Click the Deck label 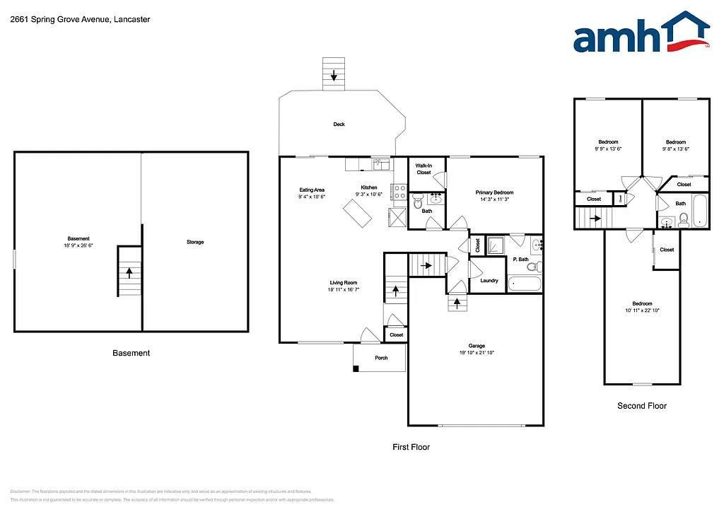[339, 124]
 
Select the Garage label [477, 346]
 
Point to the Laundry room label [489, 281]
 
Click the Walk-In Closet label [424, 169]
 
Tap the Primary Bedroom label [494, 192]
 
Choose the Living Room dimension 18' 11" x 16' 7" [344, 289]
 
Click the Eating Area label [312, 190]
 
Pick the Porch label [381, 358]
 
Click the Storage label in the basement [195, 242]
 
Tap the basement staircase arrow [129, 270]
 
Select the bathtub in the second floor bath [700, 211]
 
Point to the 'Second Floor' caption [642, 406]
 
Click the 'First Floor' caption [411, 447]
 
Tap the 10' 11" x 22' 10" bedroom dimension [643, 310]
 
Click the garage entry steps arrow [457, 303]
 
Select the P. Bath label [520, 260]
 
